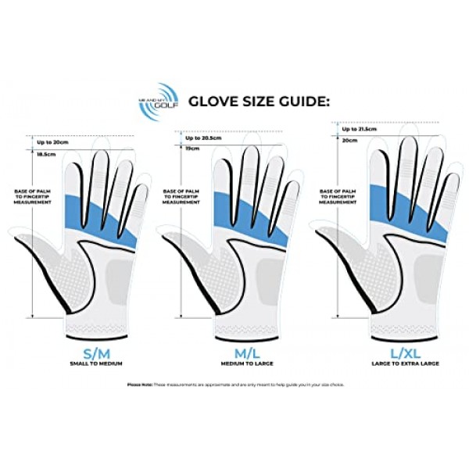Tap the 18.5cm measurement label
[48, 155]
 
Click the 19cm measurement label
[193, 148]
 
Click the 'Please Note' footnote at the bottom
[234, 385]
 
